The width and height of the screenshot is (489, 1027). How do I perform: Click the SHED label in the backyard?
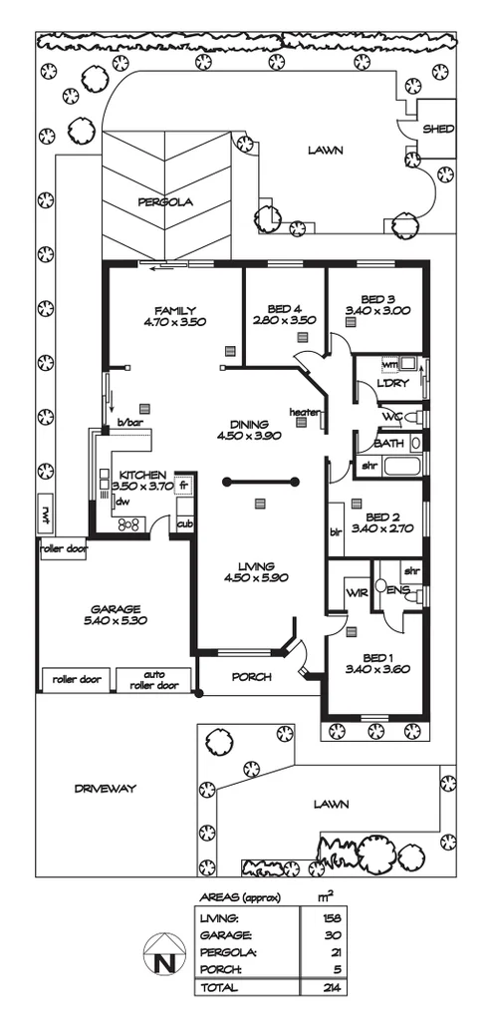point(438,130)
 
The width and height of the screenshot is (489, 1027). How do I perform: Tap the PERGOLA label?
point(165,201)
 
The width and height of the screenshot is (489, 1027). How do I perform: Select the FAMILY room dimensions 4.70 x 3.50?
point(174,322)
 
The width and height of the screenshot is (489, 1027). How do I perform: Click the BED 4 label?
point(286,308)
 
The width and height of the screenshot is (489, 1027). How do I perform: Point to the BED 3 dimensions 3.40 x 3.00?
point(378,311)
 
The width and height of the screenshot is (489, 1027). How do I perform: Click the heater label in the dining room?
point(303,412)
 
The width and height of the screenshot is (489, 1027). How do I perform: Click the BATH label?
point(389,443)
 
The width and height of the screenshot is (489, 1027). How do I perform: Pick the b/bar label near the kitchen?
point(130,424)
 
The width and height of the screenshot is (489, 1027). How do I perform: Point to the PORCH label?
point(251,677)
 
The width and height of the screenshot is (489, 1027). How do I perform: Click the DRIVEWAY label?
point(105,788)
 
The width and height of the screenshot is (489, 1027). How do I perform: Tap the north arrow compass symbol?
point(161,959)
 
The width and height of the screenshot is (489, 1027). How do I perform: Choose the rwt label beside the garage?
point(45,514)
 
